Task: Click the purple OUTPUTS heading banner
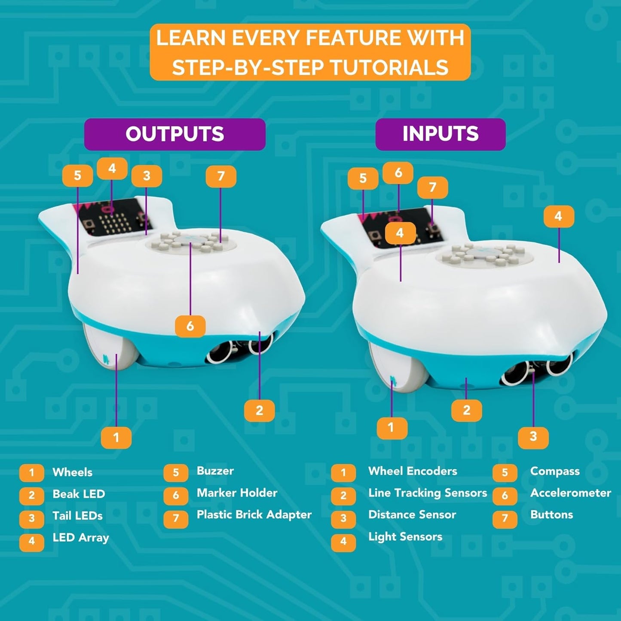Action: click(x=174, y=134)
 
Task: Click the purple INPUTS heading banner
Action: click(x=440, y=134)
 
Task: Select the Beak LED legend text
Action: click(x=79, y=494)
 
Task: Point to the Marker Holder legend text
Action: click(x=237, y=493)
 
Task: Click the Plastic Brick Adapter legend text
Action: click(x=254, y=515)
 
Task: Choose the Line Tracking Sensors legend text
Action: click(x=427, y=493)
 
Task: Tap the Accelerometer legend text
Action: click(x=570, y=493)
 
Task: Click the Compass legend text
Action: click(x=554, y=471)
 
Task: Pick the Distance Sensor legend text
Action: click(x=412, y=515)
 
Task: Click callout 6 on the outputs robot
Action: click(x=190, y=326)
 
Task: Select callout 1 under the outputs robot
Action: click(x=116, y=437)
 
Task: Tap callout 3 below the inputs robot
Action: click(x=533, y=437)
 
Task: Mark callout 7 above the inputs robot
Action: click(x=432, y=187)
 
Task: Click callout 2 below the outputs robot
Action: click(x=259, y=410)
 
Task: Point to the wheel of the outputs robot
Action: click(x=110, y=348)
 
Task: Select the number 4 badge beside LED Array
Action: click(x=31, y=541)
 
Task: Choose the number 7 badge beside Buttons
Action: click(x=505, y=518)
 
